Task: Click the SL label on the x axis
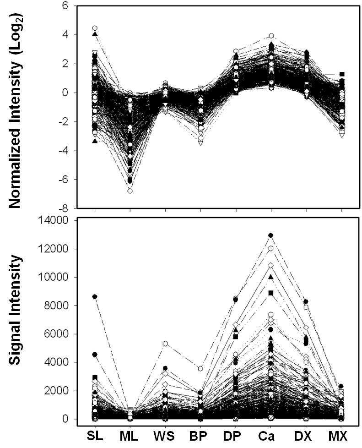coord(95,436)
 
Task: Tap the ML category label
coord(129,436)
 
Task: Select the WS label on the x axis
coord(164,436)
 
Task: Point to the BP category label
coord(200,436)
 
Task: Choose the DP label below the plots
coord(235,436)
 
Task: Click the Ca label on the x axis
coord(270,436)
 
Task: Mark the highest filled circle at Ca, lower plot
coord(270,235)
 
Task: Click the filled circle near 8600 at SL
coord(95,296)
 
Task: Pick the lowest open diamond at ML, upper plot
coord(130,191)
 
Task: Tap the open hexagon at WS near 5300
coord(165,343)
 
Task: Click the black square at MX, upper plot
coord(342,74)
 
